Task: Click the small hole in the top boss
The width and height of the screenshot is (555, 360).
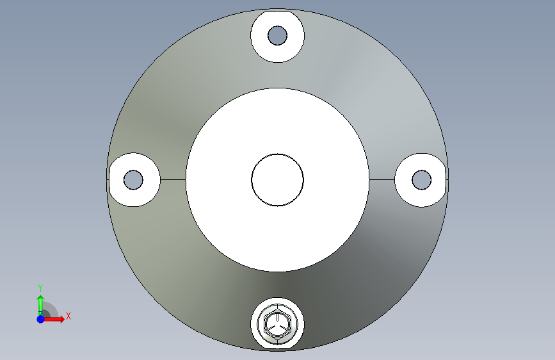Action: tap(278, 35)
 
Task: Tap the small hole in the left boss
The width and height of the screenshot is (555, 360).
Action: tap(133, 179)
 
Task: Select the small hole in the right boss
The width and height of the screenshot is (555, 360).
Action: tap(422, 179)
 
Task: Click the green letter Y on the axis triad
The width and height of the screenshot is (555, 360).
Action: tap(40, 288)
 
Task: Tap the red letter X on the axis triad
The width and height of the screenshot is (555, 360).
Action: tap(68, 316)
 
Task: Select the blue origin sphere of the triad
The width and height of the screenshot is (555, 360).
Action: tap(41, 319)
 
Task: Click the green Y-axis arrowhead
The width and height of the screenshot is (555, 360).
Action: tap(41, 299)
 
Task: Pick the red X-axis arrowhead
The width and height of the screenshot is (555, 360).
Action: tap(62, 319)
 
